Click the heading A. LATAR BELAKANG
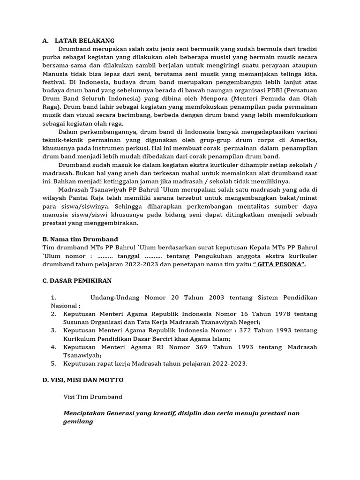[x=78, y=41]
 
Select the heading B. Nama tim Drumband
[x=80, y=239]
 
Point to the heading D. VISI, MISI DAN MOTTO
[x=83, y=379]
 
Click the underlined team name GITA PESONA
[x=279, y=264]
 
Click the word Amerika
[x=304, y=140]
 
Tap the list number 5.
[x=53, y=363]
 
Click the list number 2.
[x=53, y=314]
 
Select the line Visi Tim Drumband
[x=93, y=397]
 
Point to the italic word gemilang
[x=78, y=421]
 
